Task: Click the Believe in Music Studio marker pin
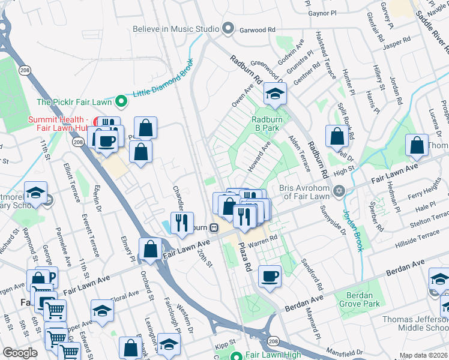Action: [228, 28]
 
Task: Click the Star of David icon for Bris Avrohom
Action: [339, 191]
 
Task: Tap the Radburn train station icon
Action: [212, 228]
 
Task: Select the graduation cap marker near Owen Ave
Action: [275, 94]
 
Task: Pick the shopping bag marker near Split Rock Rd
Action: [337, 137]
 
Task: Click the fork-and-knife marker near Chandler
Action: [181, 223]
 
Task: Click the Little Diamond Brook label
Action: [162, 80]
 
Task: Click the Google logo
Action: [20, 353]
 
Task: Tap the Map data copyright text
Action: [423, 355]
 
